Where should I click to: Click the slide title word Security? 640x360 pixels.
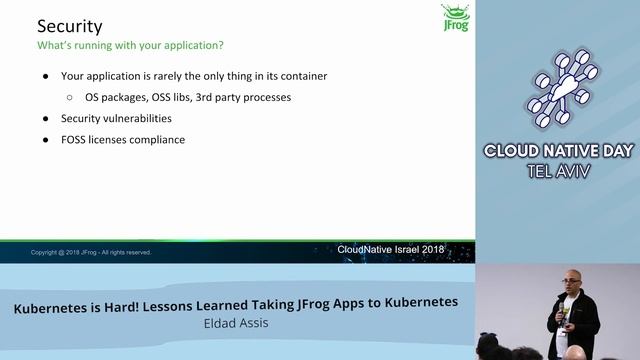70,26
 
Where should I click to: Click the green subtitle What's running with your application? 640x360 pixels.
130,45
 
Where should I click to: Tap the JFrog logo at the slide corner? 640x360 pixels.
455,19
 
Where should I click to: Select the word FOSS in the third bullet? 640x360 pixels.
77,140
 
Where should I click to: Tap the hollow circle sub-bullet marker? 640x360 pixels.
69,98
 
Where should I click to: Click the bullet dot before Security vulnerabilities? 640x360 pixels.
45,119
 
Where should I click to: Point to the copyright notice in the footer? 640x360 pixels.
91,252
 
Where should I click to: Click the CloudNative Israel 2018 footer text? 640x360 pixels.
390,249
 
